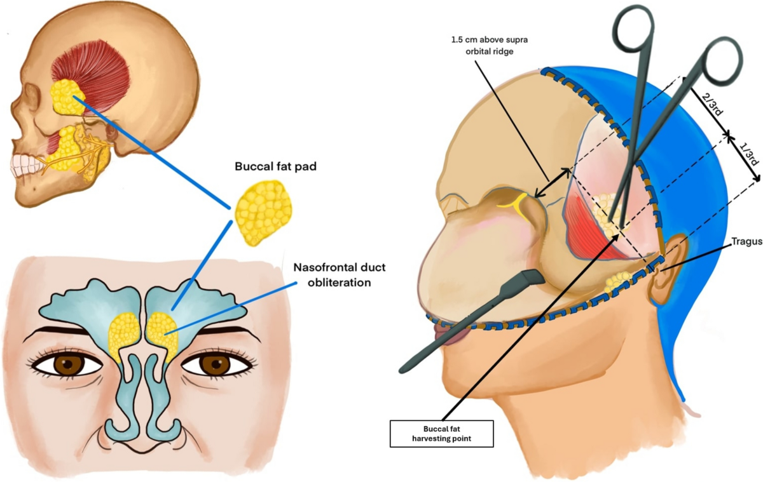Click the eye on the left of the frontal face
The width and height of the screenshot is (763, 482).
pos(66,365)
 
